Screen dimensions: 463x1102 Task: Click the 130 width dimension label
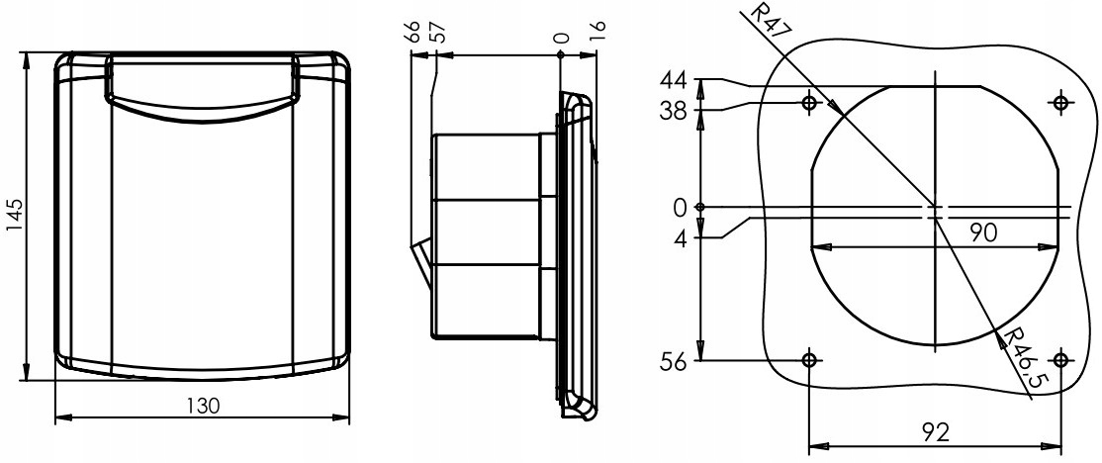point(203,406)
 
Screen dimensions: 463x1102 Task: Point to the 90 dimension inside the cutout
point(981,231)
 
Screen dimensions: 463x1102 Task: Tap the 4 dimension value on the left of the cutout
point(680,236)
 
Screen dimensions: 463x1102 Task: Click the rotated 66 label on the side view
point(413,32)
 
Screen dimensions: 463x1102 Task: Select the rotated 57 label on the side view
point(435,32)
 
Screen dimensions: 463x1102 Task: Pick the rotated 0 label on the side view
point(561,37)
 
